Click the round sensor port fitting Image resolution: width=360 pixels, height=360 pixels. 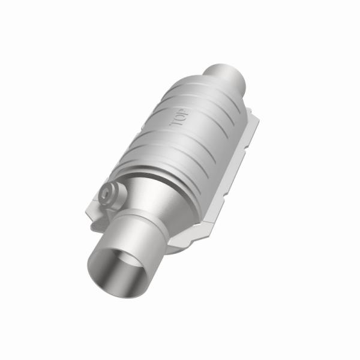[x=110, y=193]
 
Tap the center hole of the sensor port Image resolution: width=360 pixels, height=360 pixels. [x=109, y=193]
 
